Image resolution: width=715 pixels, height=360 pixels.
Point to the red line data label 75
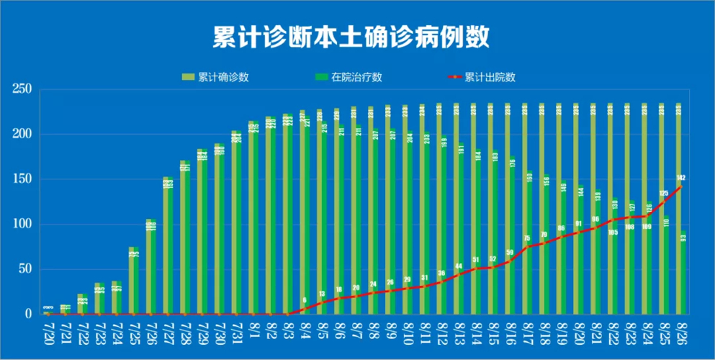pos(526,238)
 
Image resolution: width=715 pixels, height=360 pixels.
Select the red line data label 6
pos(305,300)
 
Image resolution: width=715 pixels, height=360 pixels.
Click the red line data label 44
pos(458,266)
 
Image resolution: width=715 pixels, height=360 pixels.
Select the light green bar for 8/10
pos(404,209)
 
